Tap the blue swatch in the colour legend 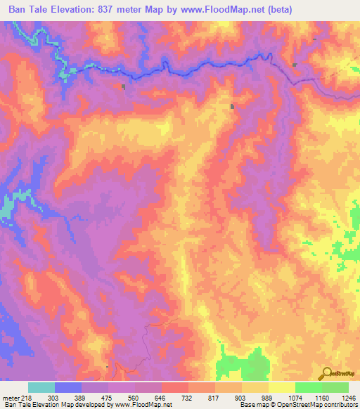click(68, 387)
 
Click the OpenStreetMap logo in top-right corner click(340, 65)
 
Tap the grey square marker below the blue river click(124, 87)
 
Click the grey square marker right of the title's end click(295, 65)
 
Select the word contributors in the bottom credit click(340, 405)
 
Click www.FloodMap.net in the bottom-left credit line click(141, 405)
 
